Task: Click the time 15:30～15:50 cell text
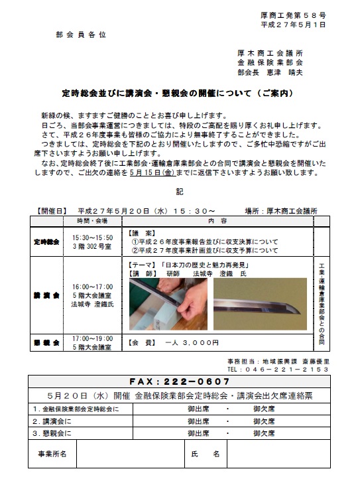tap(93, 238)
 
